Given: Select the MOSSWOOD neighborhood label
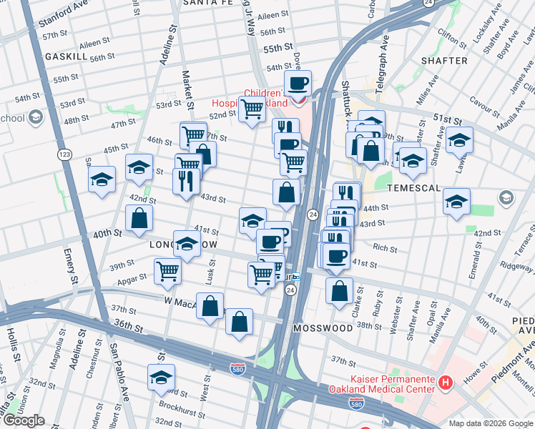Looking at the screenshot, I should tap(323, 328).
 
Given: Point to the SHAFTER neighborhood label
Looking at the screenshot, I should tap(444, 61).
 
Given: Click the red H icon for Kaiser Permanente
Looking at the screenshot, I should tap(446, 383).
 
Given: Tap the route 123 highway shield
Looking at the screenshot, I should tap(65, 154).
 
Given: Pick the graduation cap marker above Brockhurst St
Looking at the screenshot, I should tap(162, 377).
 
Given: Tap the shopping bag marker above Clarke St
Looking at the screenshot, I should tap(339, 290).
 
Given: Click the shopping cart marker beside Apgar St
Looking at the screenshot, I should tap(167, 271).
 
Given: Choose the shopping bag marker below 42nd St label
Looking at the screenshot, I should tap(139, 218).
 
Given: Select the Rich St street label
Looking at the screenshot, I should tap(385, 248).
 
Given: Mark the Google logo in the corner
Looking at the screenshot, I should tap(24, 420).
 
